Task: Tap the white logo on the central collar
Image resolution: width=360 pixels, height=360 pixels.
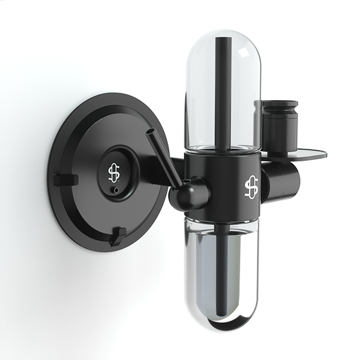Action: [251, 187]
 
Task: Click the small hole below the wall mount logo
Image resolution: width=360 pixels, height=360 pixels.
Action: [116, 190]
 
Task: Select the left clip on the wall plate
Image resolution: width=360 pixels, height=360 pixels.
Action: [65, 179]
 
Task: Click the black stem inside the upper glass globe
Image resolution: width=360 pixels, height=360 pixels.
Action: [225, 90]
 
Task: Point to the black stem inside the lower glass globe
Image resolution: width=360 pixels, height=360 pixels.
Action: [225, 270]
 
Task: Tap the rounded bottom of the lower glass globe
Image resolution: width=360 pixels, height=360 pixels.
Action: [225, 327]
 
